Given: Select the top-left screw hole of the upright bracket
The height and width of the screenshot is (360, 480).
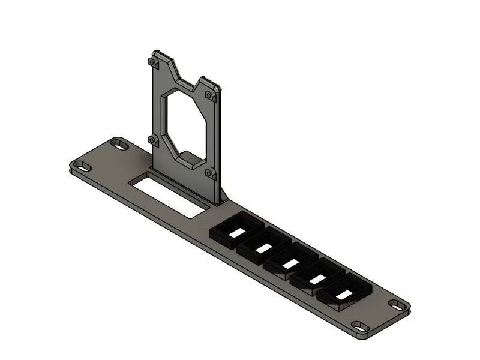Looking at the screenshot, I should point(154,62).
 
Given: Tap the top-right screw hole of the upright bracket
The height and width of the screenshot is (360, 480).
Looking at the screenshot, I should point(209,95).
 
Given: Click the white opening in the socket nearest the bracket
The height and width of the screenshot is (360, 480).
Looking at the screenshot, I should point(238,232).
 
